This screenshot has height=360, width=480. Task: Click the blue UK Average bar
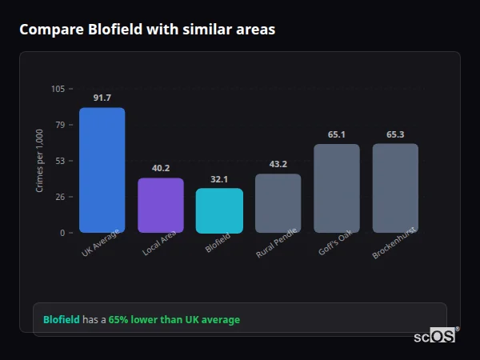tap(102, 170)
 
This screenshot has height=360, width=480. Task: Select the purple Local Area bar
tap(161, 205)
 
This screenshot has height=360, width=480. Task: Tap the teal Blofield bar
tap(219, 210)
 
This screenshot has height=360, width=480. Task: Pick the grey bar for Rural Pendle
tap(278, 203)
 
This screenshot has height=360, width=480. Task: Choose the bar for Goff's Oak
tap(337, 188)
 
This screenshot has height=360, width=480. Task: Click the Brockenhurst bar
tap(395, 188)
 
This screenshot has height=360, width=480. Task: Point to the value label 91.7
tap(102, 98)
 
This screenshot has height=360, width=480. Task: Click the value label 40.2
tap(161, 168)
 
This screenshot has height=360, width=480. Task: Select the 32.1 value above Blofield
tap(219, 179)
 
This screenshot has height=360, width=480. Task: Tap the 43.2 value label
tap(278, 164)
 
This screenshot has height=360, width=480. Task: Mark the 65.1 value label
tap(337, 134)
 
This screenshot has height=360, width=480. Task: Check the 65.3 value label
tap(395, 134)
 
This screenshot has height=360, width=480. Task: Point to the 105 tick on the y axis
tap(58, 89)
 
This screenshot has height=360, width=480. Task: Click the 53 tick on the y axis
tap(60, 161)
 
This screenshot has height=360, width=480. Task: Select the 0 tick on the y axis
tap(62, 233)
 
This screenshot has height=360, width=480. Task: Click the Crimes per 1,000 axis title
tap(40, 161)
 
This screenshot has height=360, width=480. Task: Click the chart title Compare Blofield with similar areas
tap(147, 30)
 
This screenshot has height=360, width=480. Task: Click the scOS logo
tap(434, 336)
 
